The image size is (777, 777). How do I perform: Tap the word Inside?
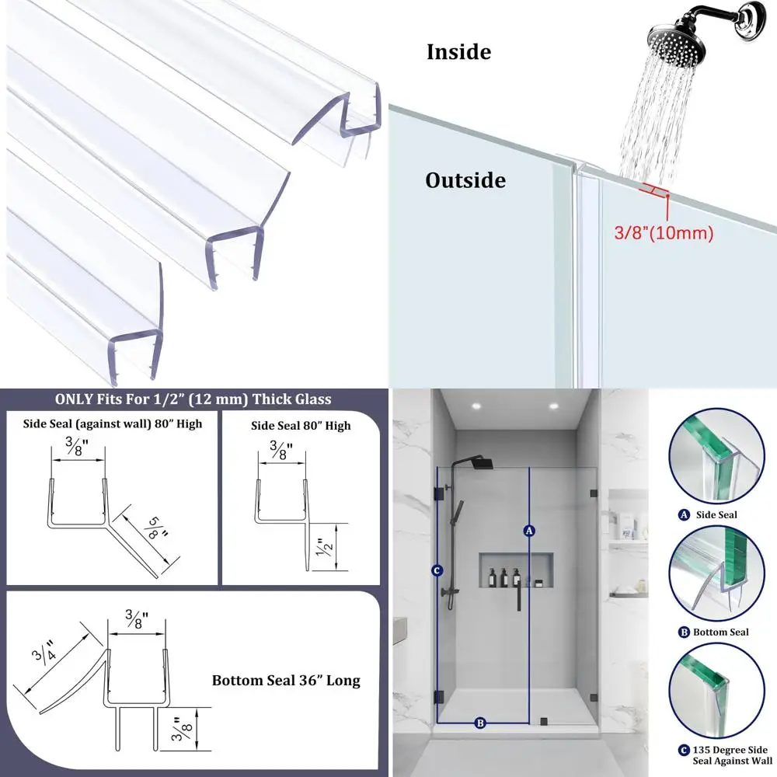pos(458,53)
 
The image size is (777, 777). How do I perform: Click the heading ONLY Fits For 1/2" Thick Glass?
pos(193,399)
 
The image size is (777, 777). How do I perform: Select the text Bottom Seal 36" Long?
pos(286,681)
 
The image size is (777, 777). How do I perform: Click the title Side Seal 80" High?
pos(300,425)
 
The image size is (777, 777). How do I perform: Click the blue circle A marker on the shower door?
pos(529,531)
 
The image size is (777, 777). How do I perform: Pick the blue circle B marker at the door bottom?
pos(480,723)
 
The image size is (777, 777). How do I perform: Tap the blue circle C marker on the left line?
pos(437,570)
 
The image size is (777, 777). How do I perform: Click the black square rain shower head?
pos(482,463)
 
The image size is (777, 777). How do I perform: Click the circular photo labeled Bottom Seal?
pos(713,574)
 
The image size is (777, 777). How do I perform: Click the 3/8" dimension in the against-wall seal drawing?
pos(77,448)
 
